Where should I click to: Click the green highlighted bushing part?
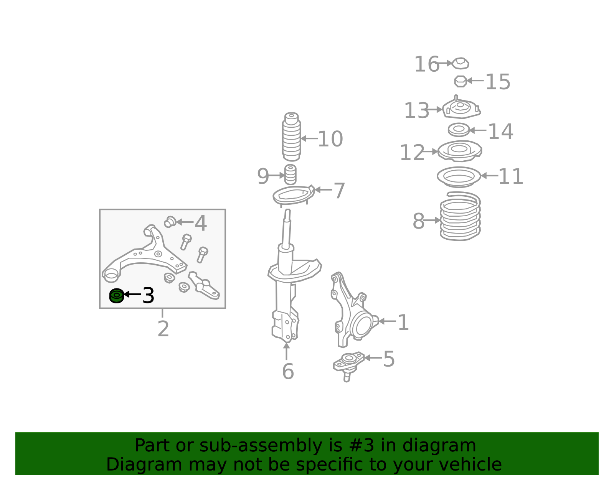[x=116, y=296]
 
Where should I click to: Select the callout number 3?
[x=149, y=295]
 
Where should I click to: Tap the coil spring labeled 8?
[x=460, y=216]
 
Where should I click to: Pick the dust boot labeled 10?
[x=291, y=137]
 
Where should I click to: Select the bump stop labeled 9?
[x=290, y=174]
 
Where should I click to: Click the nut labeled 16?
[x=460, y=63]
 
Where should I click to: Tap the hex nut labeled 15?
[x=460, y=81]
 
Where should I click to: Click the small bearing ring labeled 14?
[x=459, y=130]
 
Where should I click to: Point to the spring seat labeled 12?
[x=460, y=151]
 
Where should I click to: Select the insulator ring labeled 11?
[x=459, y=177]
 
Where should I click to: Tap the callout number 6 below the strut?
[x=288, y=372]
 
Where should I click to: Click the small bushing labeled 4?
[x=170, y=222]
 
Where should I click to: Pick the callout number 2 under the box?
[x=163, y=329]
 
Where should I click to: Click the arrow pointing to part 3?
[x=132, y=294]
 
